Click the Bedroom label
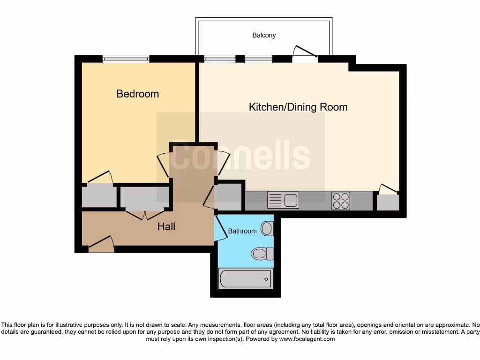137,94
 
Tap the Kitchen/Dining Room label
298,107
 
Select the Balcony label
264,35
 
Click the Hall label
166,227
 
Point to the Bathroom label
242,231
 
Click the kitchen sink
283,200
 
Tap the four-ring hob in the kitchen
341,201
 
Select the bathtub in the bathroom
245,279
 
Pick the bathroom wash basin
267,229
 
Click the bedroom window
126,59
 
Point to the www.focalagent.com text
307,339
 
